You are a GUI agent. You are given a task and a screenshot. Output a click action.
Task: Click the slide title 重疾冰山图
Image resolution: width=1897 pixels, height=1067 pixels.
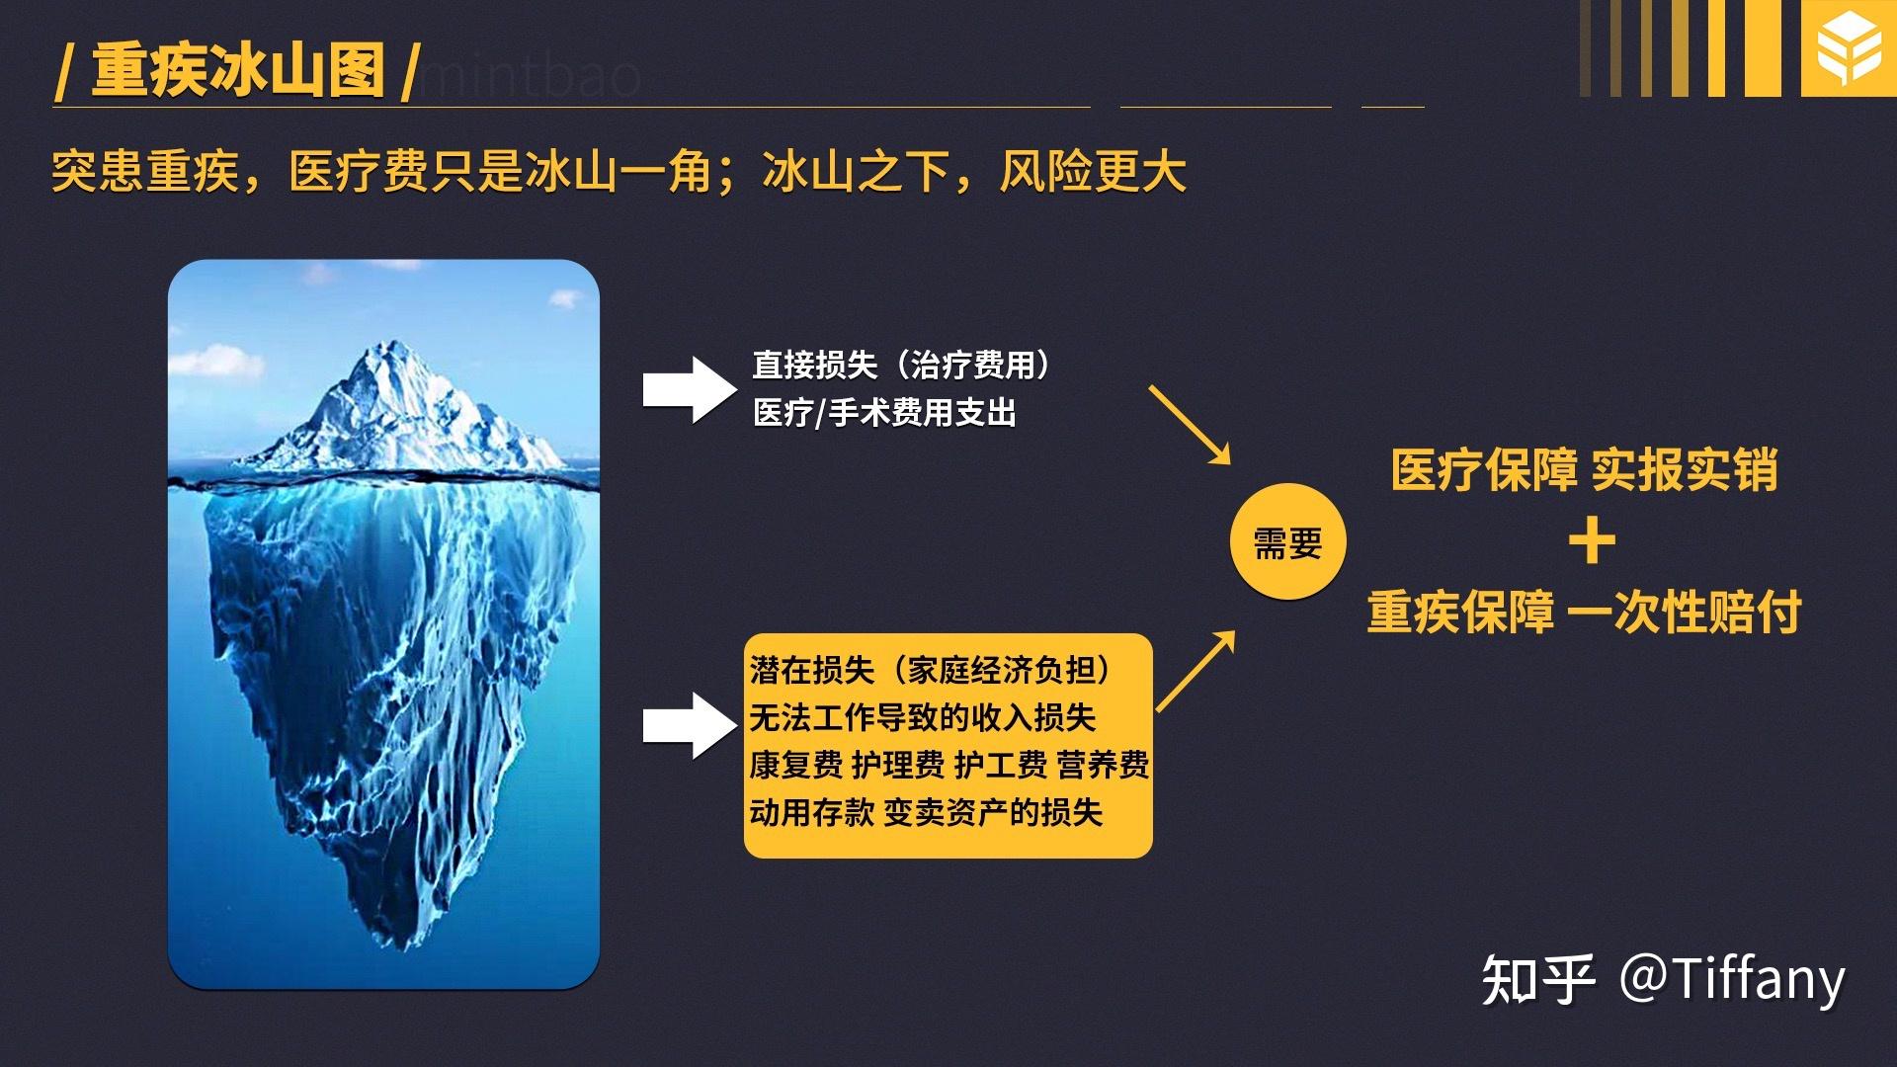(x=238, y=70)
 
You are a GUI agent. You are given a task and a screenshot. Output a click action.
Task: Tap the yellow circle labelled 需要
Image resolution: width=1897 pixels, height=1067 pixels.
(x=1287, y=541)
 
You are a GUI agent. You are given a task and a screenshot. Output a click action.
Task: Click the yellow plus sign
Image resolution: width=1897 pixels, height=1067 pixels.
(x=1592, y=541)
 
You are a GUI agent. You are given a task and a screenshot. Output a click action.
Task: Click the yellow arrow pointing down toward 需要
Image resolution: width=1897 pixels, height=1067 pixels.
(x=1190, y=425)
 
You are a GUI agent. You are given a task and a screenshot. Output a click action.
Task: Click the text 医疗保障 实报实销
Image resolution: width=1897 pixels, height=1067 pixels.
(x=1585, y=470)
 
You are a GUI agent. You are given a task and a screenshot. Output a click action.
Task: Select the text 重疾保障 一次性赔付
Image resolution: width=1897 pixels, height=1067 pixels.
(x=1585, y=613)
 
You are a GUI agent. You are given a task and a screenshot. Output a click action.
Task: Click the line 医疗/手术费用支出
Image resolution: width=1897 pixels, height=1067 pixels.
(x=884, y=413)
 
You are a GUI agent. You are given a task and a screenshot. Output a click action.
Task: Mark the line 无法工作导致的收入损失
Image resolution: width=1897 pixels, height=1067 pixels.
(x=922, y=718)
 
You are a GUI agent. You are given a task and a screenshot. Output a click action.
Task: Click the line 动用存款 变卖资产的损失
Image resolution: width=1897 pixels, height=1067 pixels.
(x=926, y=813)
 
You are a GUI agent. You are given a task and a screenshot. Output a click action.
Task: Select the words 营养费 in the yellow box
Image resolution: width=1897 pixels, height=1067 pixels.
(x=1103, y=766)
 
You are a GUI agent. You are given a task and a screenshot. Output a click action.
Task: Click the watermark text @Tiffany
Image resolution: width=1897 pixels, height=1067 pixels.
(x=1731, y=979)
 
